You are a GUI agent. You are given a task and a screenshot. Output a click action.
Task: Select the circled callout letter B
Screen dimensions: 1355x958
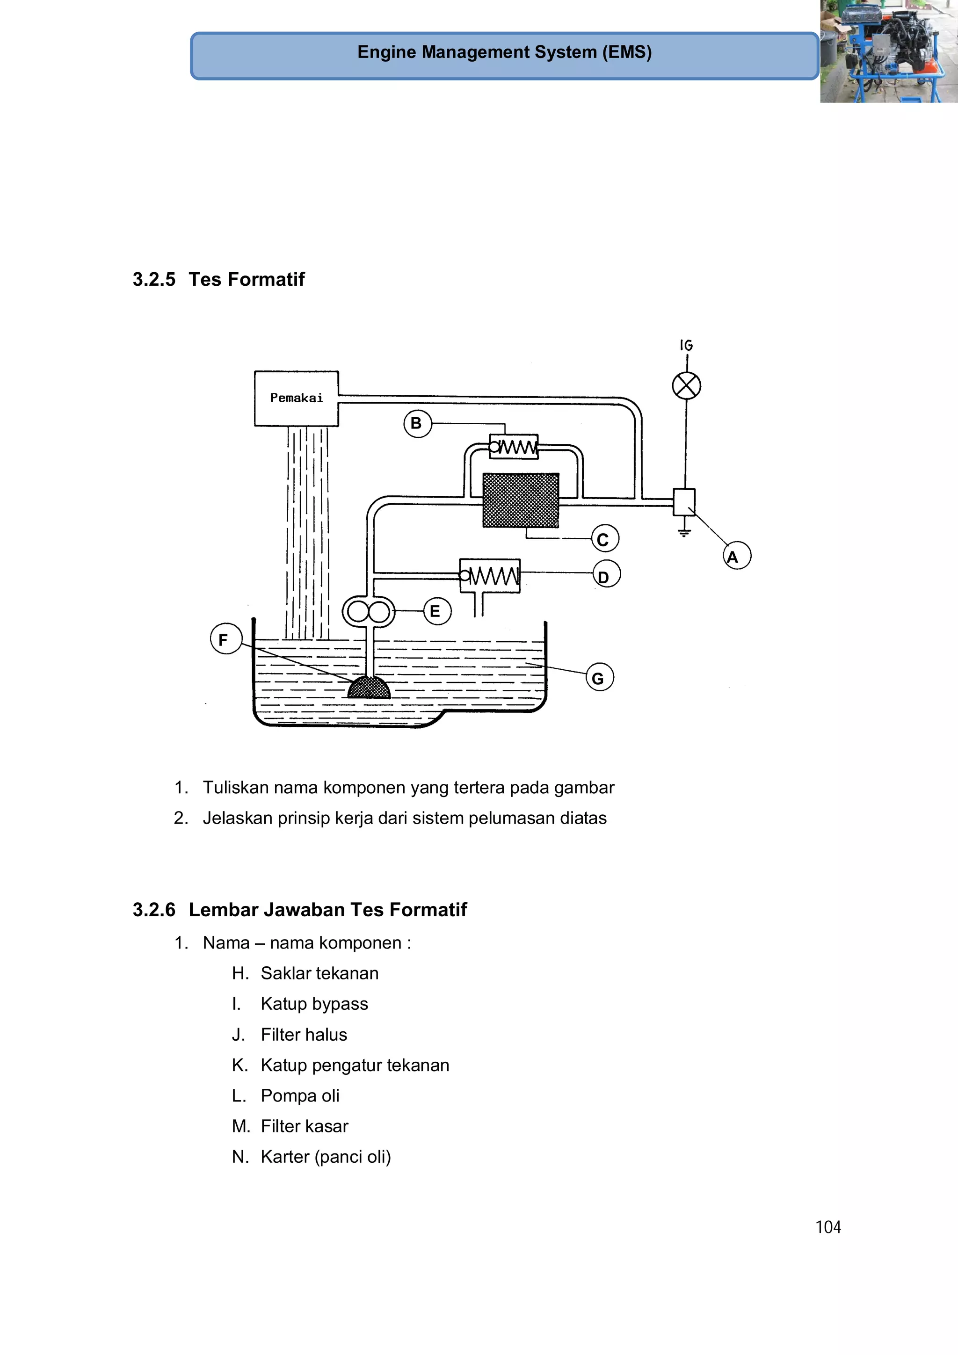pos(417,424)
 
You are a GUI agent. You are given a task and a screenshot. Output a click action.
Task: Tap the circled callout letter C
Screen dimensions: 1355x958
pos(604,538)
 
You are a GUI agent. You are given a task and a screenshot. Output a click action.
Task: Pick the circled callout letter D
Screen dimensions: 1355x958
pos(606,574)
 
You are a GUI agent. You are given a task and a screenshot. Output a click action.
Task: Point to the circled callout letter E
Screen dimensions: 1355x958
pos(437,611)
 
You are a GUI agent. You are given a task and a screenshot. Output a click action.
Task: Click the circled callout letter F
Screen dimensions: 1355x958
pos(225,638)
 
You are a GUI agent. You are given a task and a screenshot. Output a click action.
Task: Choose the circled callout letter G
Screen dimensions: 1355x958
pos(599,677)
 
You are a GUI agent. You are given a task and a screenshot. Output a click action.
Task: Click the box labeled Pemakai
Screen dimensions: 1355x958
pos(296,399)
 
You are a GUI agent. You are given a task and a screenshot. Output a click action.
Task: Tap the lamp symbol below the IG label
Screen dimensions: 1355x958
pos(687,386)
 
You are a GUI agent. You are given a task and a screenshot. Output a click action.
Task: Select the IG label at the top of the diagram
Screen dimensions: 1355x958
pos(686,345)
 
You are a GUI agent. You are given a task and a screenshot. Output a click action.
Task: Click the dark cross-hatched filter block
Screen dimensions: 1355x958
pos(521,500)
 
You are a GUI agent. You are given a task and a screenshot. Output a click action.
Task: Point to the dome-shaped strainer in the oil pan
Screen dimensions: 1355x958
pos(369,688)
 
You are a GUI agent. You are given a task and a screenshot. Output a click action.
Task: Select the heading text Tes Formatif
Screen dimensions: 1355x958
pos(246,279)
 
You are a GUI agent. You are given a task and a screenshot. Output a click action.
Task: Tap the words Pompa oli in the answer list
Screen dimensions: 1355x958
pos(300,1095)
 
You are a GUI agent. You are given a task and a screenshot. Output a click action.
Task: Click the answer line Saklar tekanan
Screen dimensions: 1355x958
pos(319,973)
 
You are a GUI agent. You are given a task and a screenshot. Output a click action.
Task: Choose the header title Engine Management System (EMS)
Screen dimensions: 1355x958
pos(504,52)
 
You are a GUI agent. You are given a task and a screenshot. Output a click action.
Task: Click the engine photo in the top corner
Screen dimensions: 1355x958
pos(888,51)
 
